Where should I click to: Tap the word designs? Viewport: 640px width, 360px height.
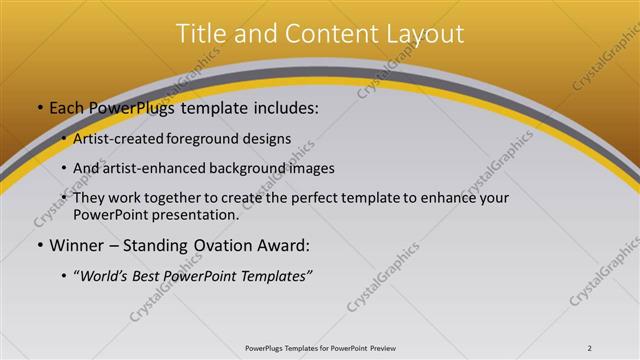pyautogui.click(x=269, y=139)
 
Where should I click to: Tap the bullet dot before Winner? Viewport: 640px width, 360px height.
pyautogui.click(x=38, y=246)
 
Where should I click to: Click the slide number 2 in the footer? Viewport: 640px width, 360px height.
pyautogui.click(x=590, y=348)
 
